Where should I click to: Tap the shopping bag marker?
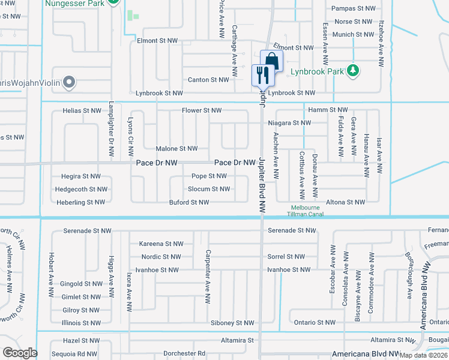(x=271, y=61)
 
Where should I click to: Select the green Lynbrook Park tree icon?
(x=354, y=71)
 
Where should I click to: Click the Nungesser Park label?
(x=76, y=4)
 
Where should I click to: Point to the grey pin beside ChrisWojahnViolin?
(x=69, y=82)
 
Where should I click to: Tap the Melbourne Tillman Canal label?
(x=306, y=211)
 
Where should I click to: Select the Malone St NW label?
(x=176, y=149)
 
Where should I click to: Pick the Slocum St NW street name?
(x=208, y=189)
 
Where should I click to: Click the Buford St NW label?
(x=189, y=203)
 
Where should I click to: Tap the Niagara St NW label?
(x=290, y=123)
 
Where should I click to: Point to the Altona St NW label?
(x=345, y=202)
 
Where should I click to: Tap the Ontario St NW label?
(x=315, y=323)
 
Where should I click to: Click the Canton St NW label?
(x=208, y=80)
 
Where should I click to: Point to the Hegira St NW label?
(x=80, y=176)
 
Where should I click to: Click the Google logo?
(x=20, y=353)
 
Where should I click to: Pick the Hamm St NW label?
(x=328, y=110)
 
